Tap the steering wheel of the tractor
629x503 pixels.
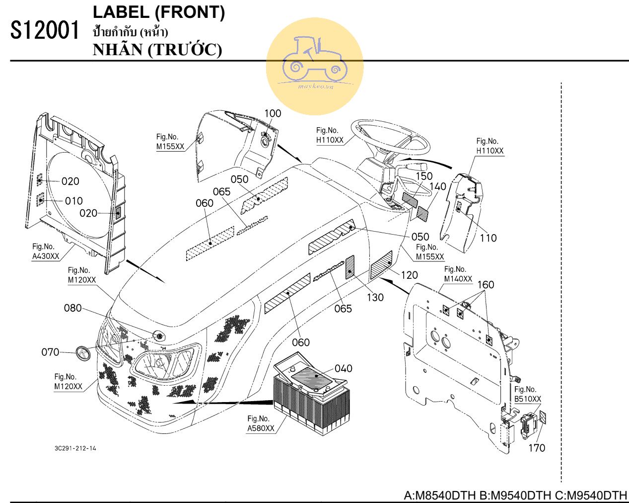click(390, 136)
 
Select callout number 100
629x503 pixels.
click(272, 113)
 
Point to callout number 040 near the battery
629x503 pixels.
click(343, 368)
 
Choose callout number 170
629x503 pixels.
click(536, 448)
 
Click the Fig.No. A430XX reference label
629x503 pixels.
click(45, 251)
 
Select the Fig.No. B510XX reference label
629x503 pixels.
click(527, 394)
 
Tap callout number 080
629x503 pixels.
click(72, 308)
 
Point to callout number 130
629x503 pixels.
click(375, 297)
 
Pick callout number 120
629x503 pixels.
click(409, 275)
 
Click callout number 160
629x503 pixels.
click(486, 284)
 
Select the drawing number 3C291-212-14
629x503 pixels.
click(75, 448)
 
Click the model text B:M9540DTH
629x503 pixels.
click(515, 496)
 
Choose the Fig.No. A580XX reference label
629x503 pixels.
click(261, 423)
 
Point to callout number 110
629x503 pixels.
click(488, 238)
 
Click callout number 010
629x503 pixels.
click(73, 201)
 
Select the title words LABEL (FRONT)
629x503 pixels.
click(159, 13)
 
